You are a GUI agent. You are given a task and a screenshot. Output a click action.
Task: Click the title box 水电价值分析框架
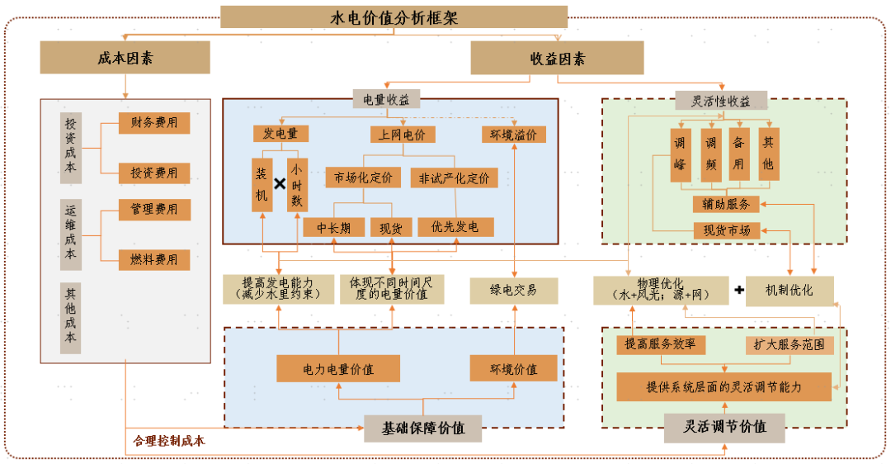tap(394, 17)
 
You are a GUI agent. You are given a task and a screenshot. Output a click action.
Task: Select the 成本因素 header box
tap(125, 58)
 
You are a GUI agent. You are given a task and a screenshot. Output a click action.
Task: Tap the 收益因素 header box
tap(557, 58)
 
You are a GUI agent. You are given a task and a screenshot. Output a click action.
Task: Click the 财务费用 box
tap(154, 123)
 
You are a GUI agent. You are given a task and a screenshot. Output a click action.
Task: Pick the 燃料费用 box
tap(154, 259)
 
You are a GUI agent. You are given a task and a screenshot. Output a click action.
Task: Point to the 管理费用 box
tap(154, 210)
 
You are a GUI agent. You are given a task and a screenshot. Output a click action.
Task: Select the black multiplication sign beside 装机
tap(280, 183)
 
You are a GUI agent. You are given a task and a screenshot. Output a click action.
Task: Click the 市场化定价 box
tap(364, 178)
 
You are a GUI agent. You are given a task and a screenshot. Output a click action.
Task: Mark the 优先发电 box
tap(455, 227)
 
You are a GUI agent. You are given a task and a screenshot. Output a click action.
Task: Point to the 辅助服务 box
tap(726, 204)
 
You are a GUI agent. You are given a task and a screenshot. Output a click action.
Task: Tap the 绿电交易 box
tap(513, 290)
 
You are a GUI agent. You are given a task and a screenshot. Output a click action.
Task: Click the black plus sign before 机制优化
tap(738, 290)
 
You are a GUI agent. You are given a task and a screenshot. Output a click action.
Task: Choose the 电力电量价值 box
tap(337, 368)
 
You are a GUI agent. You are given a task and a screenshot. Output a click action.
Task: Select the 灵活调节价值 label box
tap(725, 427)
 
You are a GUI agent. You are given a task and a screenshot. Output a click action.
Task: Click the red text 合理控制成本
tap(169, 441)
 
